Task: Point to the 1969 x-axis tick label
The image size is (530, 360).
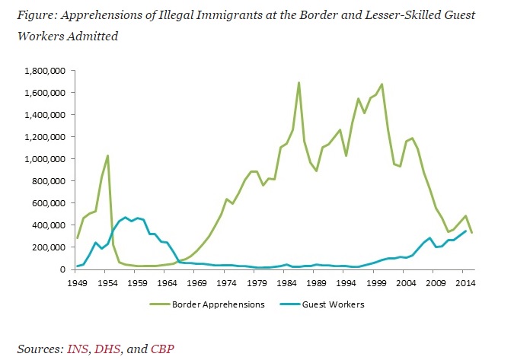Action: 196,282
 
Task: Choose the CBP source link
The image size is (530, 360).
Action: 162,349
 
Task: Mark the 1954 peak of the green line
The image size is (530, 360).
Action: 108,155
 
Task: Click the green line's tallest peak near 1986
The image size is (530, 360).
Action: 299,82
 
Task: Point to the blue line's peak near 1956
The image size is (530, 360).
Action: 126,217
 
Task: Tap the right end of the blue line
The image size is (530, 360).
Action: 466,231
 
